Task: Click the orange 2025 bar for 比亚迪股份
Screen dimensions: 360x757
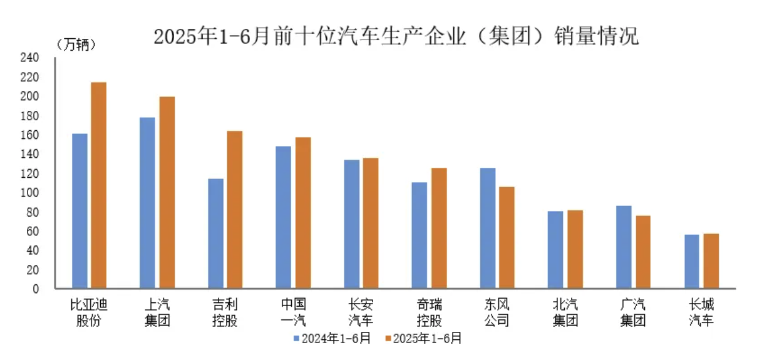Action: pos(98,185)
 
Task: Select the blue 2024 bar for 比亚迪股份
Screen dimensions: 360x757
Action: pos(80,211)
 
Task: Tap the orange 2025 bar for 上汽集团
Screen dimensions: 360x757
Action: pos(167,193)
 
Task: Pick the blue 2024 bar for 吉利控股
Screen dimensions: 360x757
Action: pos(215,234)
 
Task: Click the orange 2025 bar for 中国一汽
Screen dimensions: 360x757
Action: pos(303,213)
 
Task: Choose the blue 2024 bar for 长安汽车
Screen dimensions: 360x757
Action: pos(352,224)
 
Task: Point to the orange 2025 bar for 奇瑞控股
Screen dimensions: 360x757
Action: pos(439,228)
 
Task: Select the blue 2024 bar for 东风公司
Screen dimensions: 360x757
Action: pos(488,228)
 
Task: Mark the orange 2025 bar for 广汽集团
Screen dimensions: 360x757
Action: pos(642,252)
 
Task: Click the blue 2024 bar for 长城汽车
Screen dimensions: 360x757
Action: pos(692,262)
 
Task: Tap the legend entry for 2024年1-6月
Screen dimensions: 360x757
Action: pos(332,339)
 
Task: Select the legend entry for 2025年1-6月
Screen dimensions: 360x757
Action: pos(423,339)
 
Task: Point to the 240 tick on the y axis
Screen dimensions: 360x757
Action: pos(31,58)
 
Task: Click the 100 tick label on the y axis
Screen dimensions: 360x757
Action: pos(31,193)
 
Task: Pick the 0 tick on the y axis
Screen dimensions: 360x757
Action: pos(36,289)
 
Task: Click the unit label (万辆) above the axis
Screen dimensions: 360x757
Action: pos(76,44)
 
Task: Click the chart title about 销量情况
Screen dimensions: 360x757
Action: pos(396,36)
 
